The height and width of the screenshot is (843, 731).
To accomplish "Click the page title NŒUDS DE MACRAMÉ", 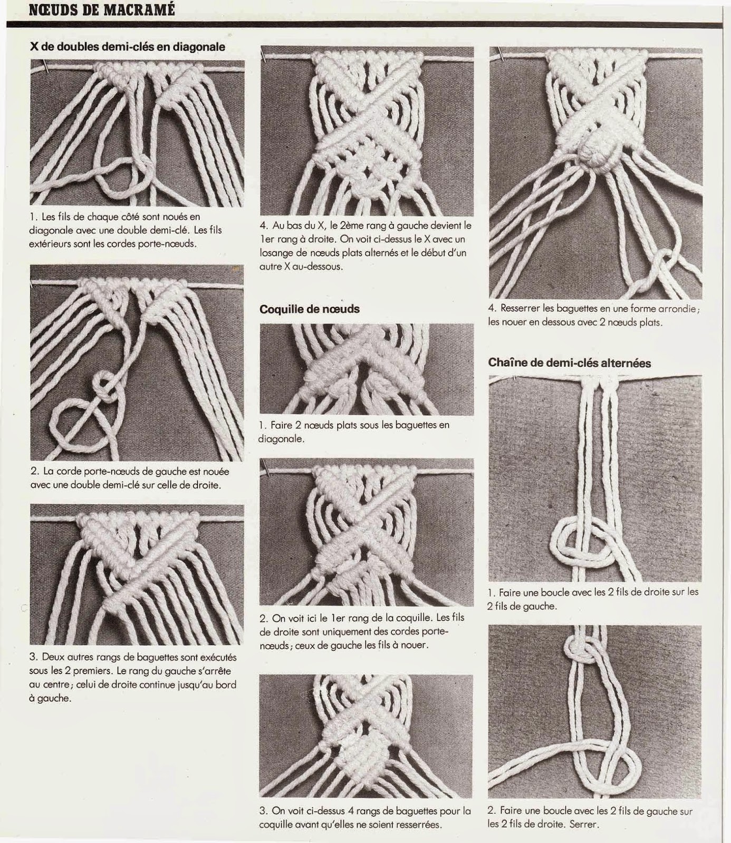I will tap(102, 10).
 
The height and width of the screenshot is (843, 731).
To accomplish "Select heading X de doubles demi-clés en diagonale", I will tap(127, 47).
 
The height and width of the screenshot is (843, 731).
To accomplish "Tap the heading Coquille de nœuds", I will tap(309, 309).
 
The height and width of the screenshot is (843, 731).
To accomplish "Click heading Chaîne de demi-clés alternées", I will tap(569, 363).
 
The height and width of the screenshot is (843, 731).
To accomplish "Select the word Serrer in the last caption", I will tap(583, 825).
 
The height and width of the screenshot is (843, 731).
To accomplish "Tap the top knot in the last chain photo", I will tap(579, 654).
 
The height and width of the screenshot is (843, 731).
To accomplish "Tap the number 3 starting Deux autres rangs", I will tap(33, 658).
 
